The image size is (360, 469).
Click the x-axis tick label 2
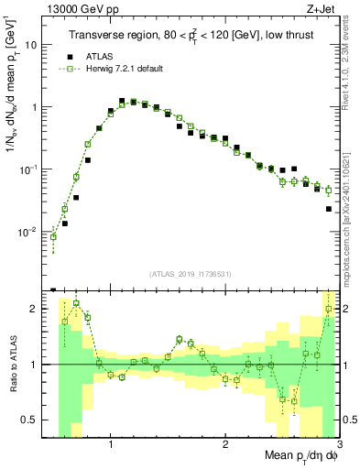pyautogui.click(x=225, y=446)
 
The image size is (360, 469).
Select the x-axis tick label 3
pyautogui.click(x=338, y=446)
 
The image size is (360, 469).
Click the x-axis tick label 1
pyautogui.click(x=111, y=446)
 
